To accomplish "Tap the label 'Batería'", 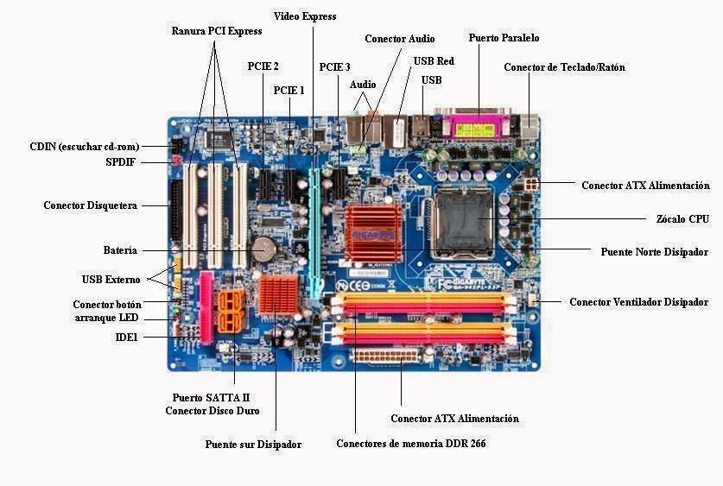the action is pos(120,250).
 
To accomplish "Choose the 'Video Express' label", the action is pos(305,16).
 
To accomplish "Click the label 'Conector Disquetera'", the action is pos(90,205).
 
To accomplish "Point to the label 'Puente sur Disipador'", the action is pos(253,445).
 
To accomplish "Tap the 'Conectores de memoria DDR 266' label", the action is pos(404,444).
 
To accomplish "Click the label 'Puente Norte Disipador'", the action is pos(654,252).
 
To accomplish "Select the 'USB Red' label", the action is pos(434,61).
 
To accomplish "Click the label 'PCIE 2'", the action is pos(263,66).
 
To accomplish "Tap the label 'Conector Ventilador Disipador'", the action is pos(638,302).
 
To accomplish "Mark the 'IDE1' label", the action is pos(126,337).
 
